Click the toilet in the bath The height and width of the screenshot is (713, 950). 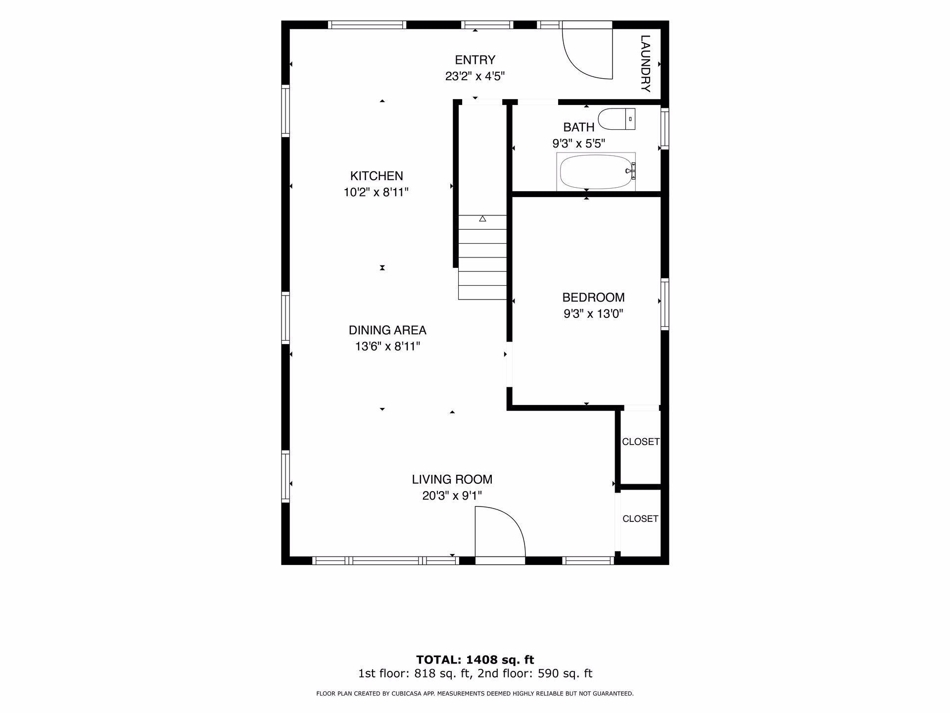click(617, 119)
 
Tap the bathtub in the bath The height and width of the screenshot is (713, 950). click(596, 171)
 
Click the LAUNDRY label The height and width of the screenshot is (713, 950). click(645, 63)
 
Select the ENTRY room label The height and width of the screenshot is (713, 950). click(475, 60)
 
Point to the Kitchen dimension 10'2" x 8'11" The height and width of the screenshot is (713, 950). click(376, 192)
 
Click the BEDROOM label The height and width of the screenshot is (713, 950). click(593, 298)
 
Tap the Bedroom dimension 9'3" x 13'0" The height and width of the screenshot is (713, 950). click(593, 314)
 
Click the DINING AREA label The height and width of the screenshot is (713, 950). click(387, 330)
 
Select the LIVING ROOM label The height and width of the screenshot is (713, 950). click(452, 479)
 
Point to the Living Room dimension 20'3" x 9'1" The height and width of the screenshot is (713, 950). click(452, 496)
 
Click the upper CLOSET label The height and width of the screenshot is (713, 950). click(641, 442)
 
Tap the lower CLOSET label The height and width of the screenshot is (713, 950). click(640, 518)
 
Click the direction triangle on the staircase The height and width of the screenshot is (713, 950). click(482, 218)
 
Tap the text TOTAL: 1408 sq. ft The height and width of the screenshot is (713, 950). click(475, 660)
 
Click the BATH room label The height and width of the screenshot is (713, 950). click(578, 127)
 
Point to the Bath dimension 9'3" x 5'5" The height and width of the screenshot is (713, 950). click(578, 144)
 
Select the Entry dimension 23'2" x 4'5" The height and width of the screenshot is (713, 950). click(475, 76)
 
